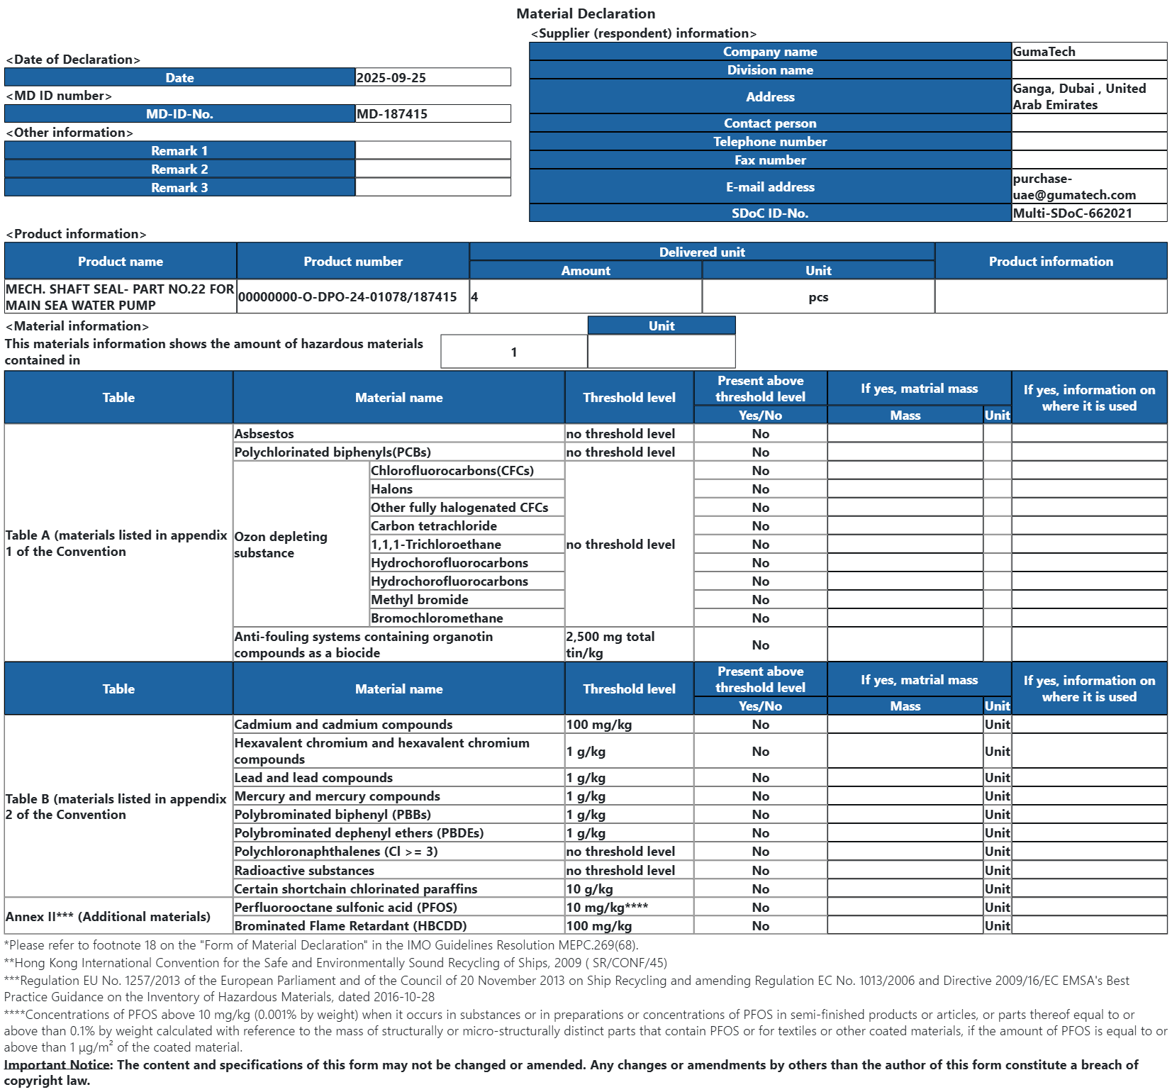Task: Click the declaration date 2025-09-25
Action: (x=391, y=77)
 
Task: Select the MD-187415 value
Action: (x=392, y=113)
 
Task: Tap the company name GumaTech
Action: (x=1044, y=51)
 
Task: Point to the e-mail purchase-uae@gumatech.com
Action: (x=1073, y=186)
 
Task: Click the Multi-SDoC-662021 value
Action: (x=1072, y=213)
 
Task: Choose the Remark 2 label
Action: (x=179, y=169)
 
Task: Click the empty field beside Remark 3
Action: (x=432, y=187)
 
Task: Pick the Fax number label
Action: (x=770, y=160)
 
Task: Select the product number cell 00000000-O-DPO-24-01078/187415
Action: (x=347, y=296)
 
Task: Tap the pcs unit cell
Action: (x=818, y=296)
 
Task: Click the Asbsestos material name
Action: (x=264, y=433)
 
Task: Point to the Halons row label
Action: (x=391, y=489)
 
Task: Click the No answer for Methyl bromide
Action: (x=760, y=599)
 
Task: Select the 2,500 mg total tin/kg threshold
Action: (x=610, y=645)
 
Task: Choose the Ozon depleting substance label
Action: (x=281, y=545)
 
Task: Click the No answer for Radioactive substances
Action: (x=760, y=870)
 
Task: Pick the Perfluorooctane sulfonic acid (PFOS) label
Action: (x=345, y=907)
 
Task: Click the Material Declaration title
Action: (x=586, y=13)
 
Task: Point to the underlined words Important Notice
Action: (x=57, y=1064)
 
